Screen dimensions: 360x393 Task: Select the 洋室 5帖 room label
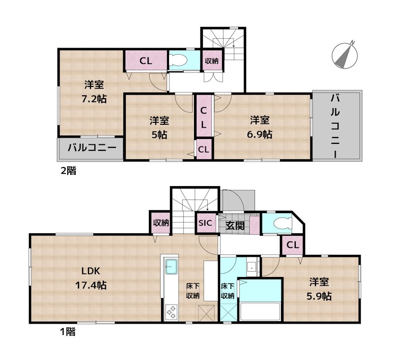[x=159, y=127]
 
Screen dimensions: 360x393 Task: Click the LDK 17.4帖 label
[x=94, y=278]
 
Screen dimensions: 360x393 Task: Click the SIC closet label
[x=205, y=222]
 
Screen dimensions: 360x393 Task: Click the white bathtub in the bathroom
[x=259, y=312]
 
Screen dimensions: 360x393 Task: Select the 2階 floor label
[x=67, y=171]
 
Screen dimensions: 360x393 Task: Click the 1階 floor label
[x=67, y=332]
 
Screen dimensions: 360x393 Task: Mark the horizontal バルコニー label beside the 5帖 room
[x=91, y=147]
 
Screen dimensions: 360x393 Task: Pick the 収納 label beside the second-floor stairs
[x=212, y=61]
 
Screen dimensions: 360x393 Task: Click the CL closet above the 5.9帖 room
[x=292, y=245]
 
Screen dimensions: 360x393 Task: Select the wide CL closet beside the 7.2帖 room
[x=145, y=61]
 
